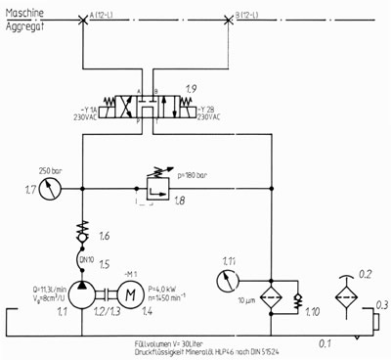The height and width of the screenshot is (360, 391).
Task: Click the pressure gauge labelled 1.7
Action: (58, 188)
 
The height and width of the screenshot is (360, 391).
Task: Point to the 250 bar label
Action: (51, 169)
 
